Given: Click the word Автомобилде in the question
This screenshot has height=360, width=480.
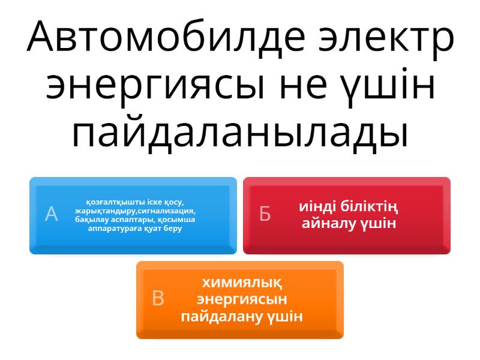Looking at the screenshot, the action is (166, 37).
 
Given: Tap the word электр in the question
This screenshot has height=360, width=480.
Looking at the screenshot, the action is (386, 40).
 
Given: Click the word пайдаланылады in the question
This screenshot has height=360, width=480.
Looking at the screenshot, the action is (239, 134).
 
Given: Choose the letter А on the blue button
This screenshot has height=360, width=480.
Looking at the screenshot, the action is (51, 214).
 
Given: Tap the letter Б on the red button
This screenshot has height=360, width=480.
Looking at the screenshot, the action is (265, 214).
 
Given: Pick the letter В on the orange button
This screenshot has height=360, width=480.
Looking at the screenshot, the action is (158, 298).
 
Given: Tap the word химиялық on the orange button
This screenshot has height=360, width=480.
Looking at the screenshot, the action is (242, 283).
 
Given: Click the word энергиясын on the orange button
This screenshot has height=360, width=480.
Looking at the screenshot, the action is (242, 299).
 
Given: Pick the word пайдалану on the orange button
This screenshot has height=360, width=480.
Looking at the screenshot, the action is (221, 316).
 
